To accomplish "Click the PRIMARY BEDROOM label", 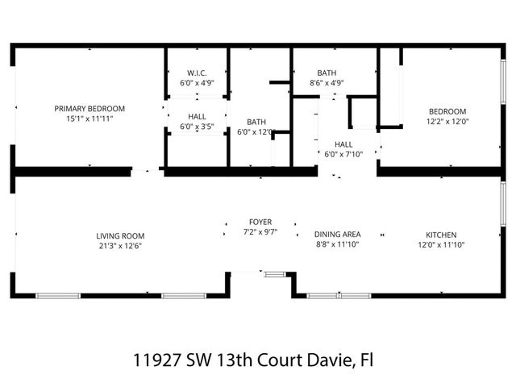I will pos(89,109).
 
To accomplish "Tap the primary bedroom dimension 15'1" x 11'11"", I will pos(89,119).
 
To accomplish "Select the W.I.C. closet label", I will pos(197,73).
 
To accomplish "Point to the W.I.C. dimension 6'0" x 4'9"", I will pos(197,82).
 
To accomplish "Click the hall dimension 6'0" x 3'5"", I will pos(197,127).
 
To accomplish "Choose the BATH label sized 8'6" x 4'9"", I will pos(327,73).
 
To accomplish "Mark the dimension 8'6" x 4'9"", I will pos(327,82).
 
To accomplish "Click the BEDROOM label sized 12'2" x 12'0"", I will pos(447,111).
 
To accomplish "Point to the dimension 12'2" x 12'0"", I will pos(447,121).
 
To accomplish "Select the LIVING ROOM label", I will pos(120,236).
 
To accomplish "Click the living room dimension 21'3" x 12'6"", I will pos(120,246).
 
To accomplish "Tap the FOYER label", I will pos(260,222).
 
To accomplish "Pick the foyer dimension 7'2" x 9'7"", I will pos(260,231).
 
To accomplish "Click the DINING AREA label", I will pos(337,235).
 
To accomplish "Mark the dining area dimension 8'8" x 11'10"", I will pos(337,244).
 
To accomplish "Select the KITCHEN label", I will pos(441,235).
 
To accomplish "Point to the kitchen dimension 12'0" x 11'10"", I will pos(441,245).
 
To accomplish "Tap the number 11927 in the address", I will pos(154,359).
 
